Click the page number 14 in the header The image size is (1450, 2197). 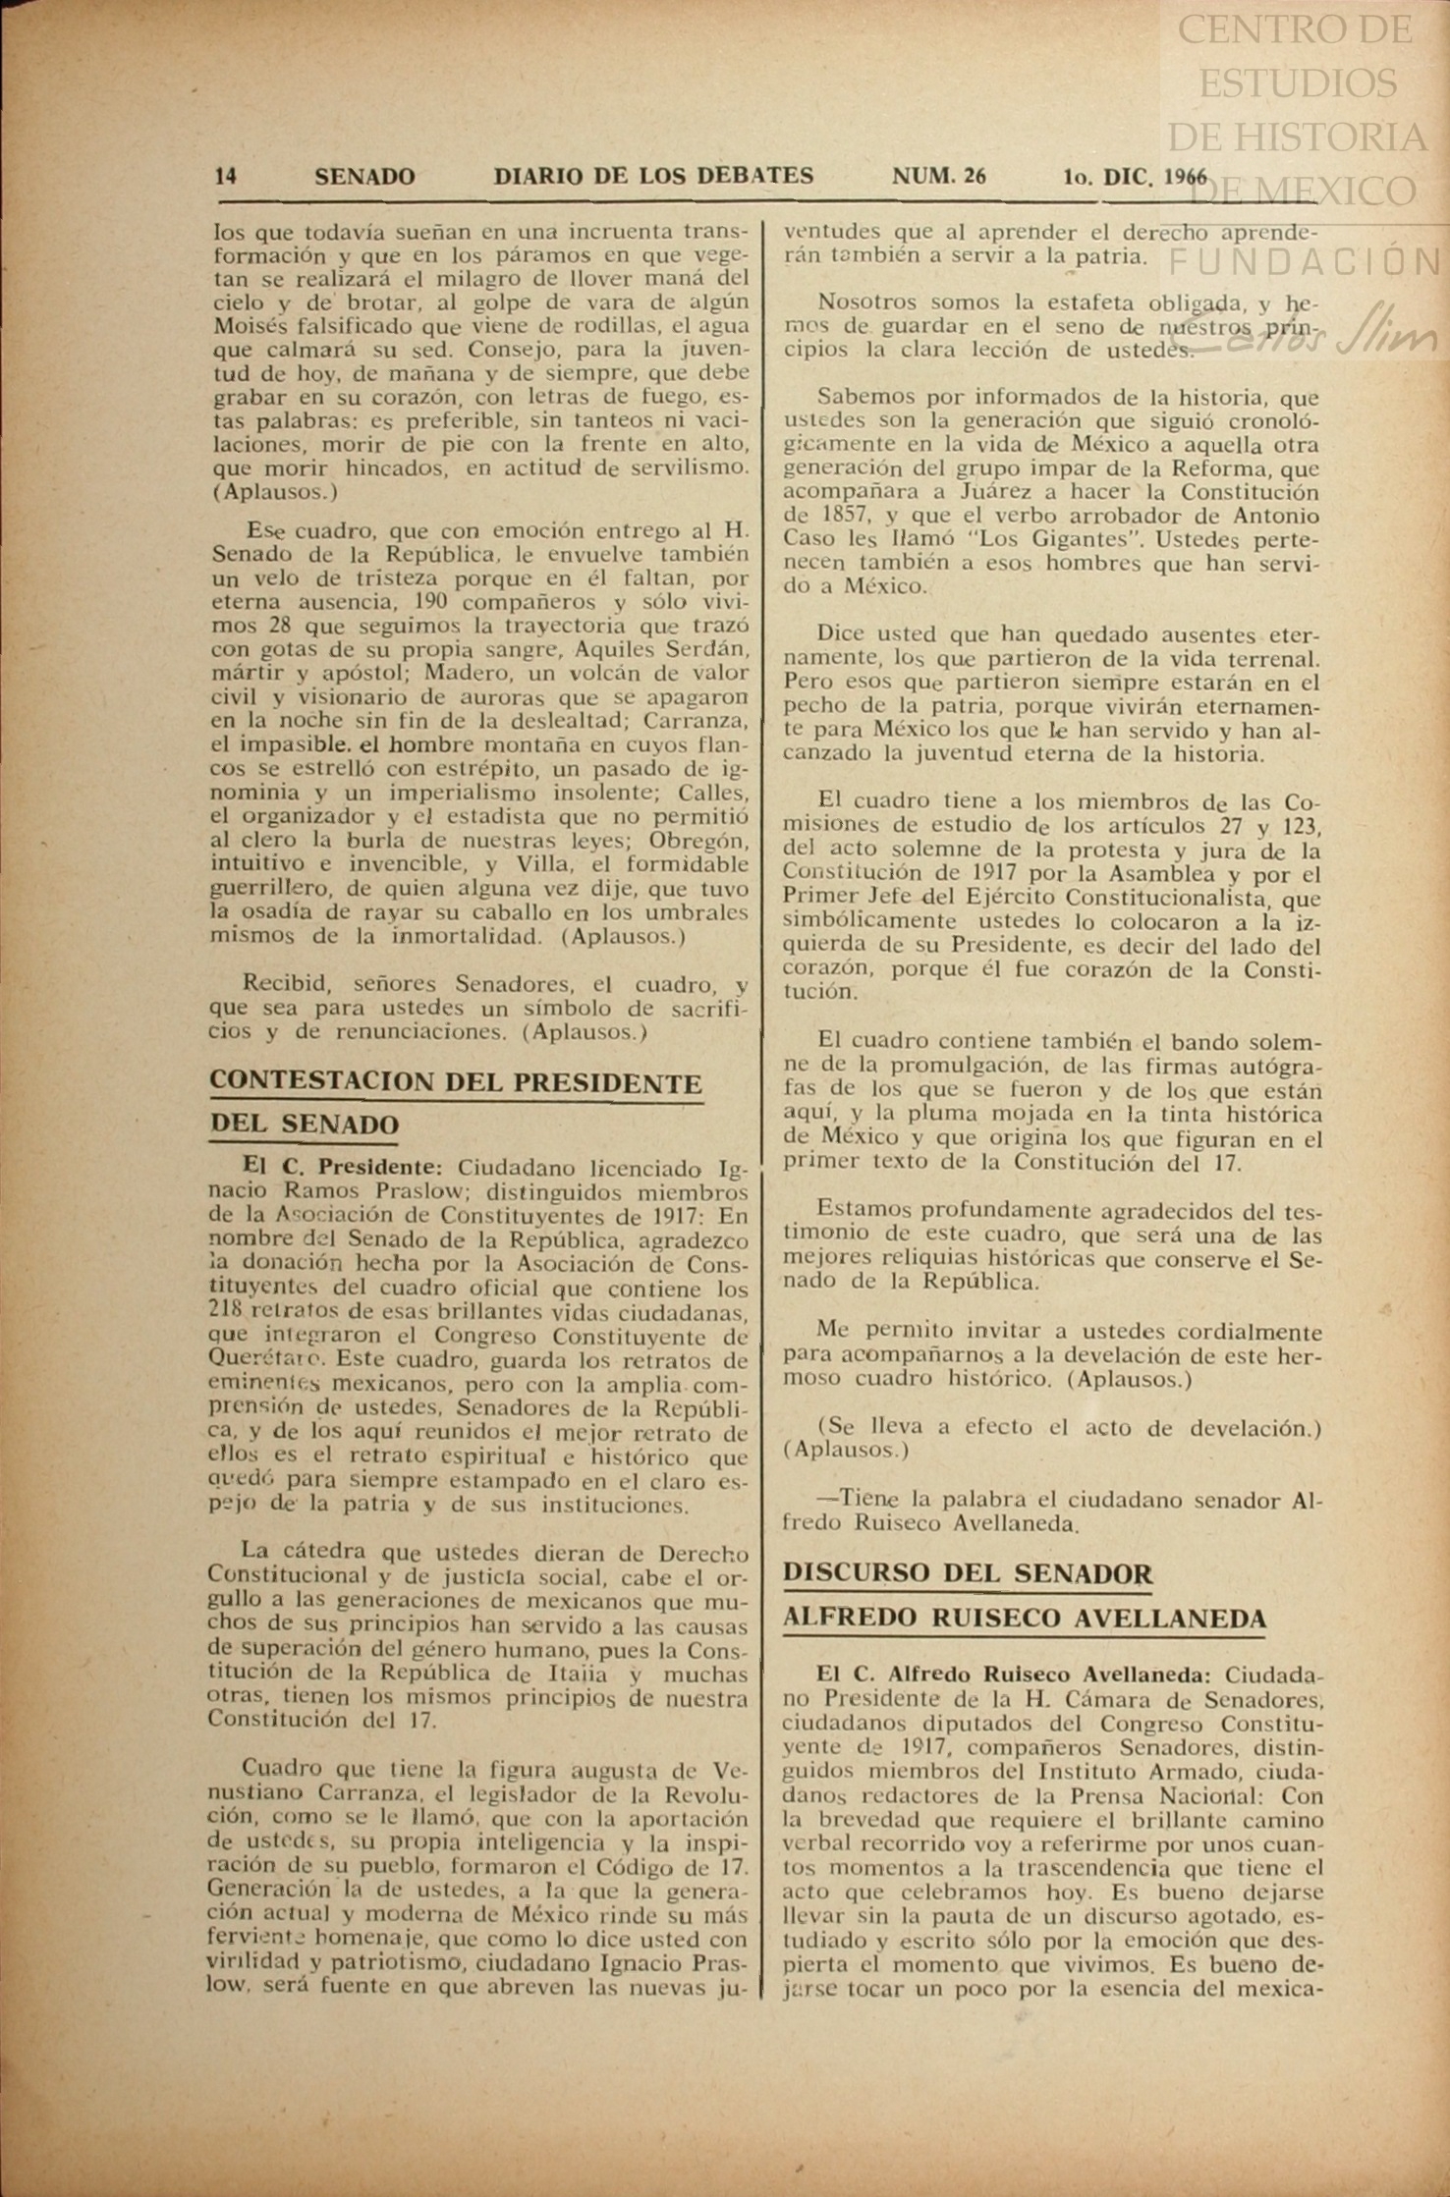(225, 176)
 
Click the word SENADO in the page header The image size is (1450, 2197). (364, 177)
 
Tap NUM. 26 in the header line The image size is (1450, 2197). (938, 176)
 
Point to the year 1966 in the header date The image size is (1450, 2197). (1185, 177)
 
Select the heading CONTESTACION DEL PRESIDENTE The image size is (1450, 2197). (456, 1082)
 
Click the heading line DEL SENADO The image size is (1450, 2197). (304, 1125)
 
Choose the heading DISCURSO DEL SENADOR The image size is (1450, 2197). (968, 1573)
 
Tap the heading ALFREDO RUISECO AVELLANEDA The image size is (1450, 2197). (1024, 1618)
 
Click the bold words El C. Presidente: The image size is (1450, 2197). (343, 1169)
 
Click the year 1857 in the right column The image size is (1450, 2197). (832, 516)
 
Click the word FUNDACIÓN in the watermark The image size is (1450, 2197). (1305, 262)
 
